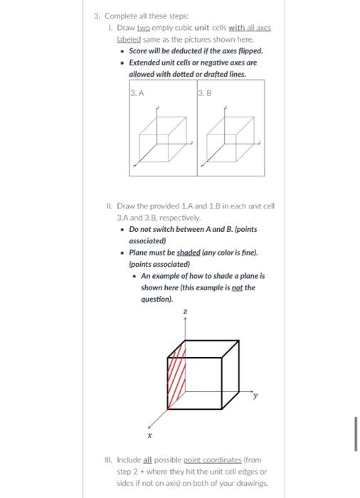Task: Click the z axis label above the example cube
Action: (186, 311)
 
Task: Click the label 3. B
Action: (203, 91)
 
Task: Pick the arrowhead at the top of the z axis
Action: (186, 319)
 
